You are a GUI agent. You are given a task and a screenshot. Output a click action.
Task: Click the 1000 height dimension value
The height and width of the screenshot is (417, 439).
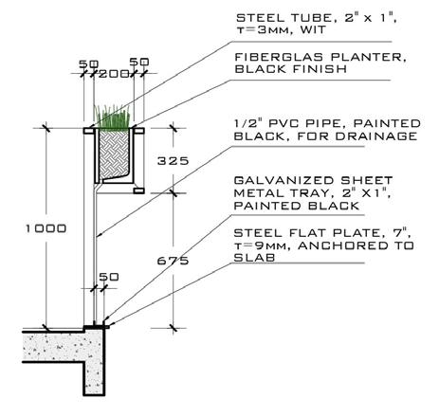46,228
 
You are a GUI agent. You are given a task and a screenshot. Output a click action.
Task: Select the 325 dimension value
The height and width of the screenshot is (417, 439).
173,161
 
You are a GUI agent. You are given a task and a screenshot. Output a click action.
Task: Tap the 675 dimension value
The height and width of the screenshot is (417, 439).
173,261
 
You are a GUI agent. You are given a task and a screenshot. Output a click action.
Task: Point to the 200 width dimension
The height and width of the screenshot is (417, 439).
114,74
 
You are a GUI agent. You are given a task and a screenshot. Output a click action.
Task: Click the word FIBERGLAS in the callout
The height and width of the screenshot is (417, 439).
279,57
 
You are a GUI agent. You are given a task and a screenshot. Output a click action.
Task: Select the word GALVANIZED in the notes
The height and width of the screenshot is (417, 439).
284,180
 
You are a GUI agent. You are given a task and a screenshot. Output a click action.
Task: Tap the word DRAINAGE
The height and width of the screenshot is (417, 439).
376,136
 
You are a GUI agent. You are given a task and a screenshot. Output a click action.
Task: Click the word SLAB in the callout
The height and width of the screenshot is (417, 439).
254,258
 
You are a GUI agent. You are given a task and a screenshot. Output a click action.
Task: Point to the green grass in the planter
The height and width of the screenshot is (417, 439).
112,118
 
